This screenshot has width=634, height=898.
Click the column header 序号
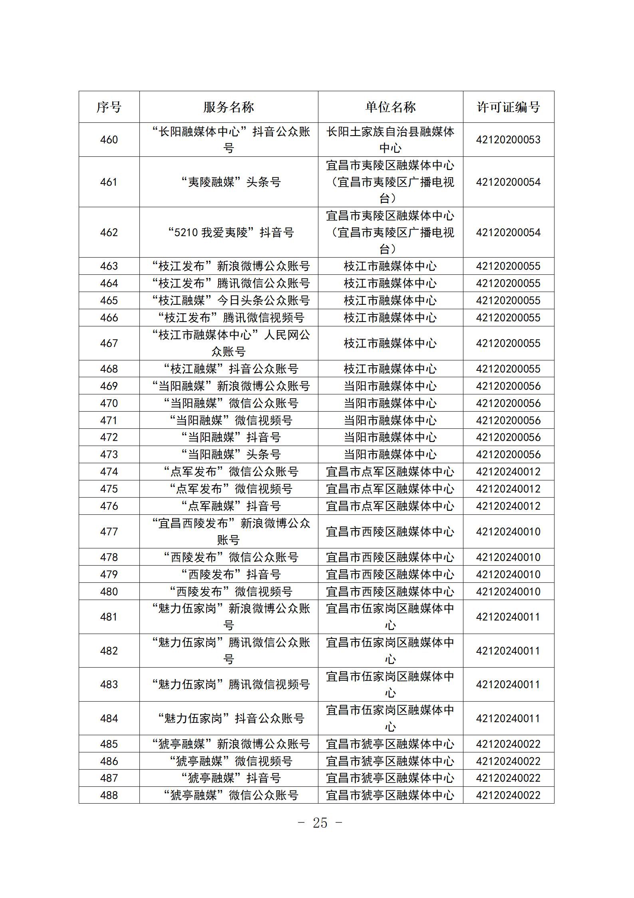[109, 107]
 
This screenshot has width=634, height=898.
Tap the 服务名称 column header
[229, 107]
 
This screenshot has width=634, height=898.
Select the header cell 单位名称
[390, 107]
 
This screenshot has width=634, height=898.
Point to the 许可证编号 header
[508, 107]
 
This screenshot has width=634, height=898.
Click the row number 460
[109, 140]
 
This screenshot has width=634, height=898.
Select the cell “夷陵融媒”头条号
[229, 182]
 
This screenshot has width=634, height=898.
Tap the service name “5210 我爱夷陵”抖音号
[229, 232]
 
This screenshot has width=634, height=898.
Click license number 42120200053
[508, 140]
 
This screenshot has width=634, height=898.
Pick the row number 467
[109, 343]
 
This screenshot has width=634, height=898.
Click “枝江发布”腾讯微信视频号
[229, 318]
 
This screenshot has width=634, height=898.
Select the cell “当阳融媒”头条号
[229, 454]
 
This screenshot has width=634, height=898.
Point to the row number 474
[109, 472]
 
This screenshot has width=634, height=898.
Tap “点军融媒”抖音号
[229, 506]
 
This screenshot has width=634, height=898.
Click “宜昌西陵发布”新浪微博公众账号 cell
[229, 532]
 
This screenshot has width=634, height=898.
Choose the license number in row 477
[508, 532]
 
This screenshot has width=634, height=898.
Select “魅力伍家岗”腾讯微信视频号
[229, 684]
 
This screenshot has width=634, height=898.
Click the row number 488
[109, 795]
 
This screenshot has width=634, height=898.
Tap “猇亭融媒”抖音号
[229, 778]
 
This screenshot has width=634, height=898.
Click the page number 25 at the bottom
[320, 823]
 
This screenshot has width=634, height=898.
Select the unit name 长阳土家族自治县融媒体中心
[390, 140]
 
